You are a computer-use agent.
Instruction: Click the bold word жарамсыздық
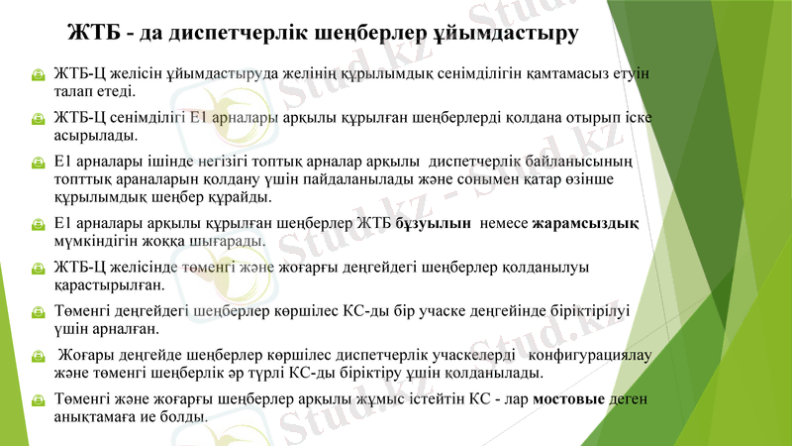[x=585, y=223]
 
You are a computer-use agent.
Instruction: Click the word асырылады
[x=96, y=136]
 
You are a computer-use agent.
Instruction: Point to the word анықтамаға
[x=95, y=417]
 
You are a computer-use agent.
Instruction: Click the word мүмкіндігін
[x=96, y=241]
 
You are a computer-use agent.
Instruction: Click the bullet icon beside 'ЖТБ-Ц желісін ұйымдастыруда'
[x=36, y=74]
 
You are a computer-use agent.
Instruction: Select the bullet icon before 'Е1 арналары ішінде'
[x=36, y=164]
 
